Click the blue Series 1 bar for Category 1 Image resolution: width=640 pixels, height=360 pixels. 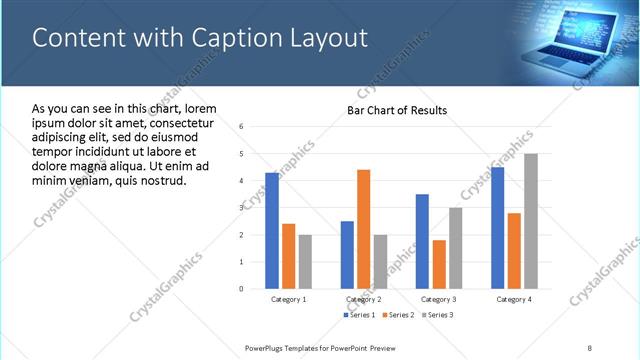click(x=272, y=230)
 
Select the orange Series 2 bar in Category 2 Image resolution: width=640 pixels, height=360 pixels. click(x=363, y=229)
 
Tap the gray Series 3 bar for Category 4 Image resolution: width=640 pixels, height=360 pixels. click(x=530, y=221)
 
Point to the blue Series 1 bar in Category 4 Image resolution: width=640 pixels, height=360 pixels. click(x=497, y=227)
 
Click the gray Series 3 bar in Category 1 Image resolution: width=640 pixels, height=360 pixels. click(x=305, y=261)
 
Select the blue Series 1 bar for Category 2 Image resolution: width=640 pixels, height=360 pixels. click(x=347, y=254)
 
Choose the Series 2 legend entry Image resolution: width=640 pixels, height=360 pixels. click(x=399, y=315)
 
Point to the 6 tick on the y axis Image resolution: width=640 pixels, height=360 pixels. click(x=242, y=127)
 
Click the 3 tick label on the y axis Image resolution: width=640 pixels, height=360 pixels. click(x=242, y=208)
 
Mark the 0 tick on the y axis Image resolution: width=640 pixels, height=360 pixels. click(x=242, y=289)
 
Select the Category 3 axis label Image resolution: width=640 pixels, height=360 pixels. click(x=438, y=299)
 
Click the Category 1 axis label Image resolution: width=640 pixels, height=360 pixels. click(x=289, y=299)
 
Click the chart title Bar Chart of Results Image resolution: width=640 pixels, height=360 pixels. click(x=397, y=110)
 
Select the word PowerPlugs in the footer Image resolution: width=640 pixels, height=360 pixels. click(x=267, y=346)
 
